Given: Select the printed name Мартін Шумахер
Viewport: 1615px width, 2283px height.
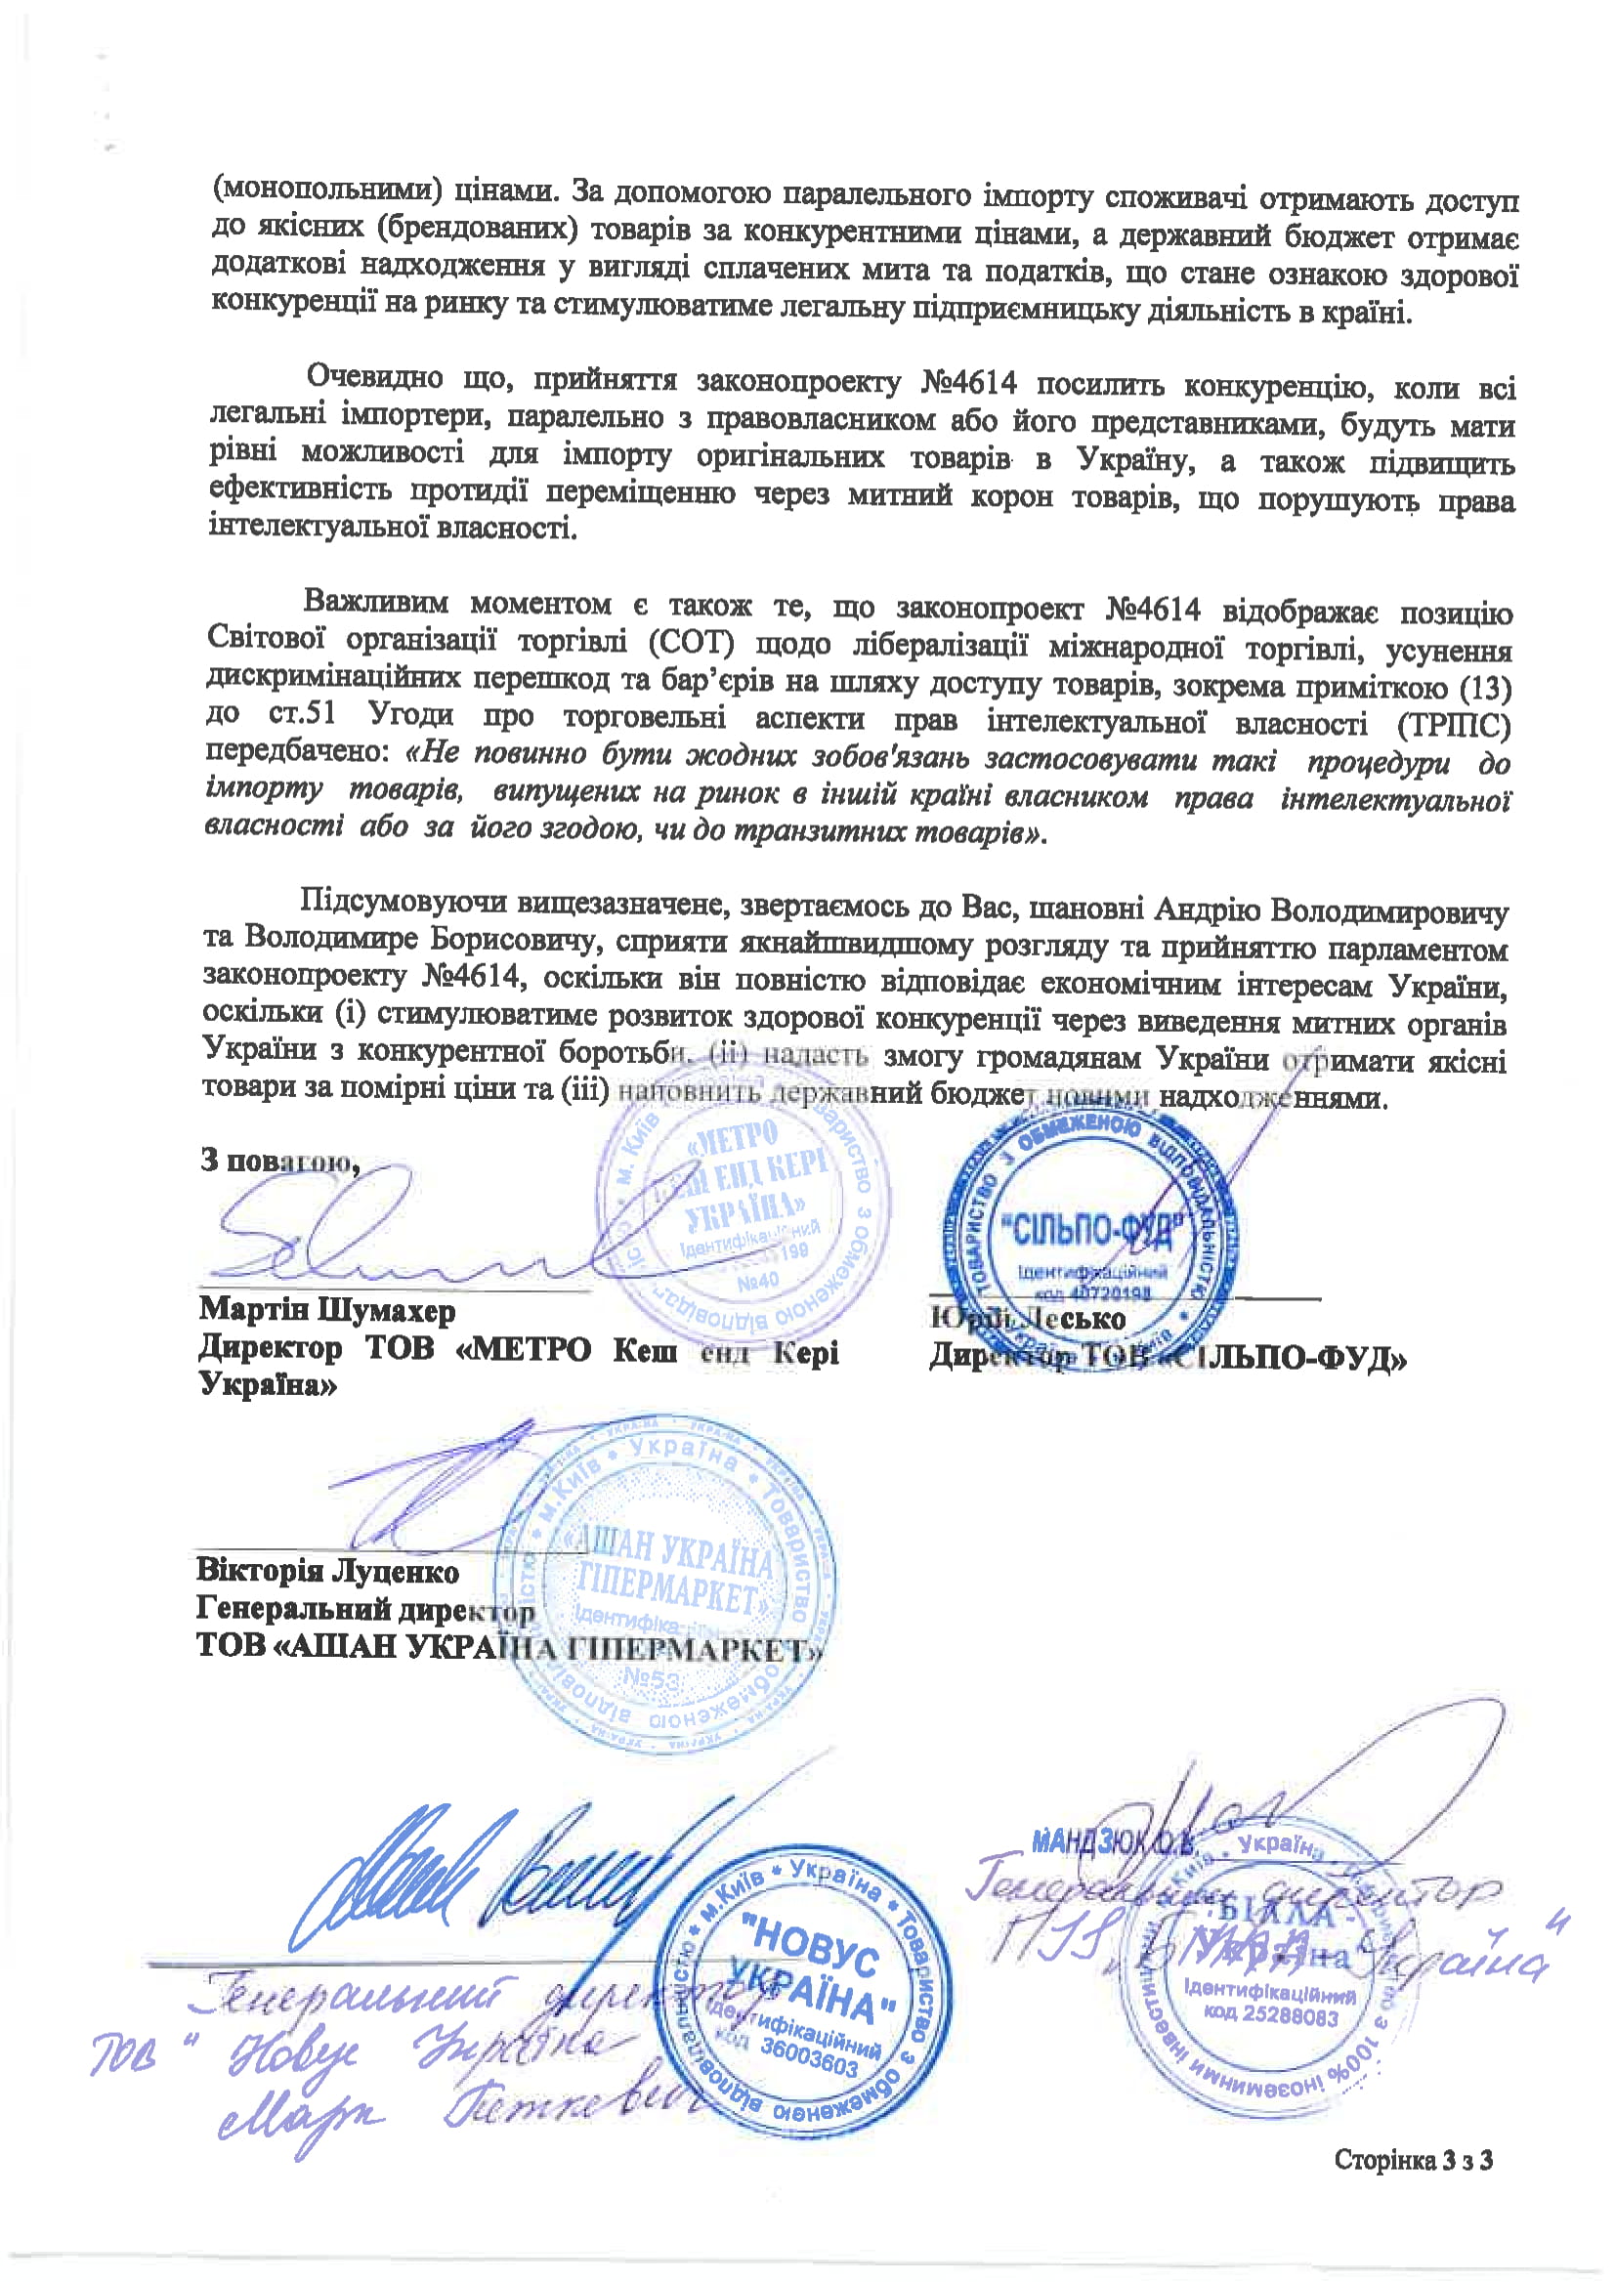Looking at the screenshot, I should click(326, 1310).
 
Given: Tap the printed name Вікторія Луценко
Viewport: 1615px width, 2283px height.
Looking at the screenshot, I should click(327, 1571).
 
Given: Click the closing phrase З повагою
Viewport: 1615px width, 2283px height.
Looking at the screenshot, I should click(279, 1161).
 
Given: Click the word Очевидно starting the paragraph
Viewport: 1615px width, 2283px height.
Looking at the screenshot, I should click(374, 377).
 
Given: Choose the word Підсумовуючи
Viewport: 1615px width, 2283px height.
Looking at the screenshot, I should click(400, 901).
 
